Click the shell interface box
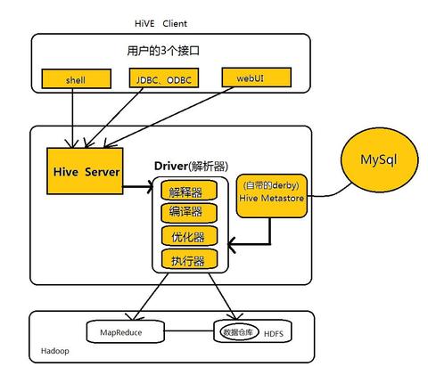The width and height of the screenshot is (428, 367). pyautogui.click(x=75, y=79)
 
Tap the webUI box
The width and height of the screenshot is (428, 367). pyautogui.click(x=249, y=77)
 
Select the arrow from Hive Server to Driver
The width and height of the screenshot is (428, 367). pyautogui.click(x=136, y=187)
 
